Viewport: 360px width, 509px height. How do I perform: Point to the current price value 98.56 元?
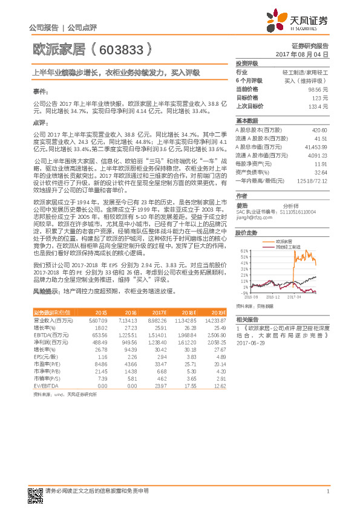[318, 88]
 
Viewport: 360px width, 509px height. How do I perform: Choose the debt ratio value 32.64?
[321, 172]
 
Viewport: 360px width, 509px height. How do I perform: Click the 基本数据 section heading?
[246, 121]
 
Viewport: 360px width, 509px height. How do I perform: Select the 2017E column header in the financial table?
[152, 312]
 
